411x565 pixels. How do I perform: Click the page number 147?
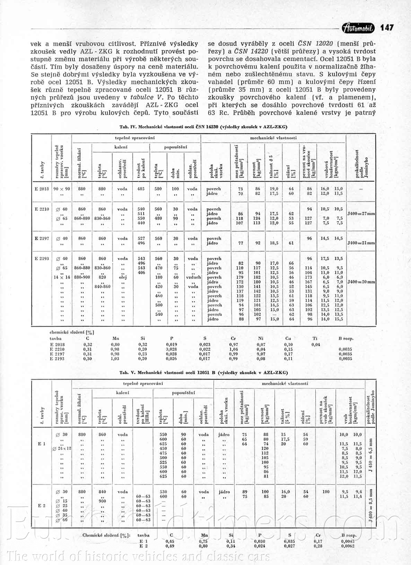pos(387,28)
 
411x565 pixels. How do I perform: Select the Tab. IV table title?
pos(203,127)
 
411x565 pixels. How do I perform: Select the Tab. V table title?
pos(203,372)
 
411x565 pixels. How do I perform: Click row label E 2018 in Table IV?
pos(42,189)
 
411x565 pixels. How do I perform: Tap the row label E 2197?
pos(42,238)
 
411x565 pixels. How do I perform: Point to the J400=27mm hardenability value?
pos(361,214)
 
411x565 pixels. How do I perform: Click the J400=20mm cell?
pos(361,282)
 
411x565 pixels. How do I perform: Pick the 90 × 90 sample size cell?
pos(62,189)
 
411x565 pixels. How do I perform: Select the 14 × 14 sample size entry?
pos(62,277)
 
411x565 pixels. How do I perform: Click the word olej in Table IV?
pos(122,277)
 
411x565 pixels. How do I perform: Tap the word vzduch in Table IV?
pos(193,277)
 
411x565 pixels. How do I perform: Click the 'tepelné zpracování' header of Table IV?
pos(135,138)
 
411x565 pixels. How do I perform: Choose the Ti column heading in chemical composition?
pos(315,338)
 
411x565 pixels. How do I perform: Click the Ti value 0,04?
pos(315,344)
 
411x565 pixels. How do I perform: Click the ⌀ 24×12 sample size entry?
pos(62,448)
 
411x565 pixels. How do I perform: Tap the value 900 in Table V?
pos(102,501)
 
